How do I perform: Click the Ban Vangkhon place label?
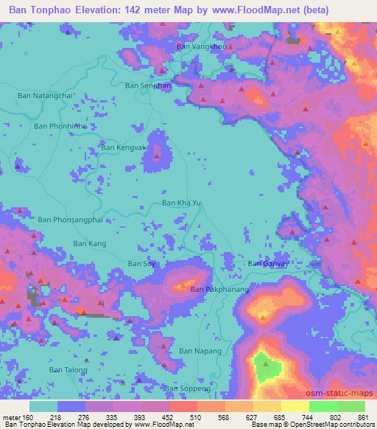(200, 46)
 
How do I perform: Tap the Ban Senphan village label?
(148, 86)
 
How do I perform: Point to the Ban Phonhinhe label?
(60, 126)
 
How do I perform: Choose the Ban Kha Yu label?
(180, 203)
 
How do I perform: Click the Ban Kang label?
(90, 243)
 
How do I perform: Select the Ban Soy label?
(143, 263)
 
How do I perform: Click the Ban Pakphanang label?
(220, 290)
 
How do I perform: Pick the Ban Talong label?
(68, 369)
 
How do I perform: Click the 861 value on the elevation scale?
(362, 417)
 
